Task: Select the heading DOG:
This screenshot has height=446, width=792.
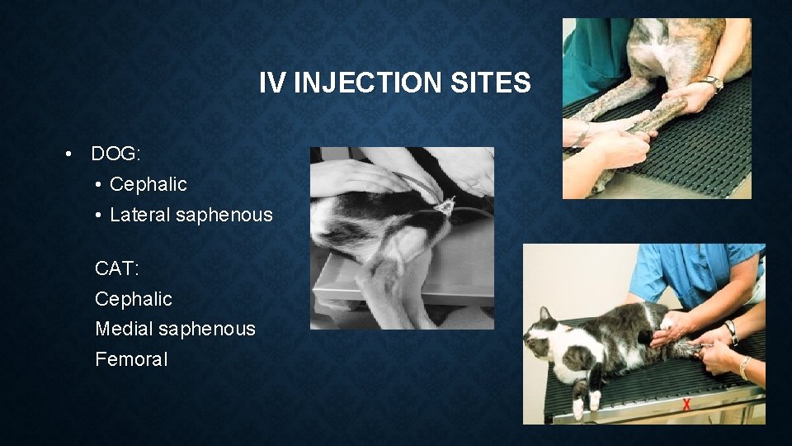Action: pyautogui.click(x=116, y=154)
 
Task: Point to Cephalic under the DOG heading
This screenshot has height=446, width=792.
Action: pyautogui.click(x=148, y=184)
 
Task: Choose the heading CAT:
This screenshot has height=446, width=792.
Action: pyautogui.click(x=118, y=268)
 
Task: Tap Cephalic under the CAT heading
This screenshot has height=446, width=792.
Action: pyautogui.click(x=134, y=298)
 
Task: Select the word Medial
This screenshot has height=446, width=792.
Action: pyautogui.click(x=125, y=329)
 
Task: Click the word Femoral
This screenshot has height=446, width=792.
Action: pyautogui.click(x=131, y=359)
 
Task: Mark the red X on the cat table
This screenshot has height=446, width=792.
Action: pyautogui.click(x=686, y=405)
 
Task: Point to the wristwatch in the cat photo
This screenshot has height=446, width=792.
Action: pyautogui.click(x=731, y=332)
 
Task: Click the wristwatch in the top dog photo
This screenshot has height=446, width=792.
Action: pyautogui.click(x=710, y=83)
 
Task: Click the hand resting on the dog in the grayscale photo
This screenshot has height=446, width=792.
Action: pyautogui.click(x=355, y=176)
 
